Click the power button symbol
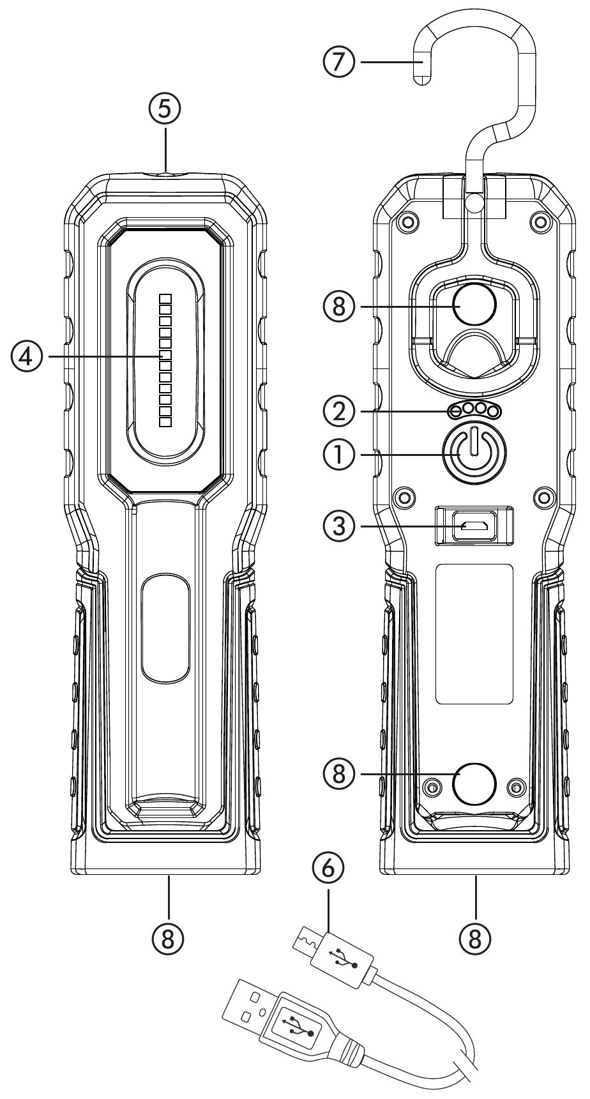tap(473, 453)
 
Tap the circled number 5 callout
tap(165, 108)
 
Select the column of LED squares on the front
tap(166, 360)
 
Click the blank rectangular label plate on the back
tap(474, 634)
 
